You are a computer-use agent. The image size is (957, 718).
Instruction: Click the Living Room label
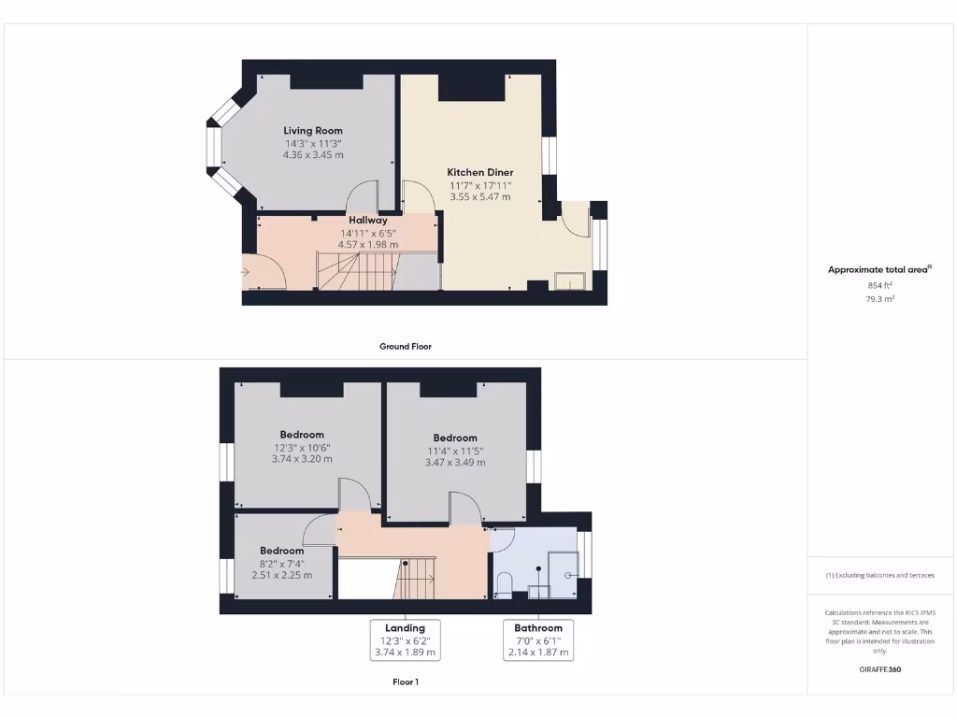click(313, 131)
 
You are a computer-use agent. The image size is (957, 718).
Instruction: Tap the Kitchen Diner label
click(479, 172)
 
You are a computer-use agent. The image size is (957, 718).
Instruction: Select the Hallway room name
click(368, 221)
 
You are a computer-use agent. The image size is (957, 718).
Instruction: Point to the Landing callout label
click(405, 627)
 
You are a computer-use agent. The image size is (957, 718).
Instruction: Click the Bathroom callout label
click(537, 627)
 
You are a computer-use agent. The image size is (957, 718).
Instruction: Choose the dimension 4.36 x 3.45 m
click(313, 154)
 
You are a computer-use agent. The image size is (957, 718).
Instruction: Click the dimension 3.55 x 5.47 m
click(479, 197)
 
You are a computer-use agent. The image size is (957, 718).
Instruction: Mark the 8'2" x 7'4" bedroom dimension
click(281, 563)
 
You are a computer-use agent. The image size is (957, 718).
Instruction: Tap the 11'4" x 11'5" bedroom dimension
click(454, 450)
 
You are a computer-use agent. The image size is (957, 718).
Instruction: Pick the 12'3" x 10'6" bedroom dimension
click(301, 447)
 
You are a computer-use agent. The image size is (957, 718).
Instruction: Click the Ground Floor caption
click(405, 346)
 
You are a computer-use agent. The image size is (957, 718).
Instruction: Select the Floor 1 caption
click(405, 682)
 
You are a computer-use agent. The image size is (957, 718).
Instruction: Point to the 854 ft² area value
click(880, 285)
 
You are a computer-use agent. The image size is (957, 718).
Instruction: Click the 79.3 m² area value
click(880, 299)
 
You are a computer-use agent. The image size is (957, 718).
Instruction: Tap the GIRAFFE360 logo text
click(880, 669)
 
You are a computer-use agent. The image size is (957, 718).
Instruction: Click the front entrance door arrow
click(246, 272)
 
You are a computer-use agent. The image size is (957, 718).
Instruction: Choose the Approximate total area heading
click(879, 270)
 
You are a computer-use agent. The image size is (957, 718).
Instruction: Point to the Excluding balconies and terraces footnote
click(879, 575)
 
